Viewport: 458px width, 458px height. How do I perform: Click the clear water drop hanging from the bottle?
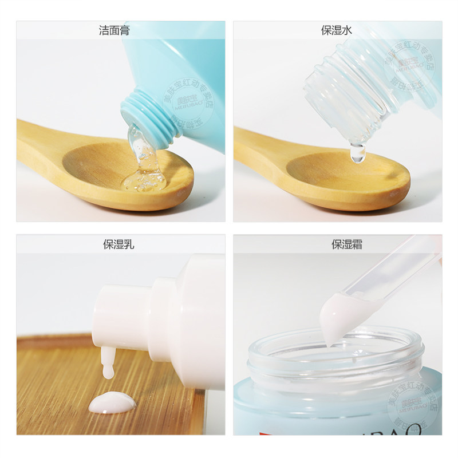point(358,153)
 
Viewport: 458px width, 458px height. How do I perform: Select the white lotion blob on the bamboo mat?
point(112,403)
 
